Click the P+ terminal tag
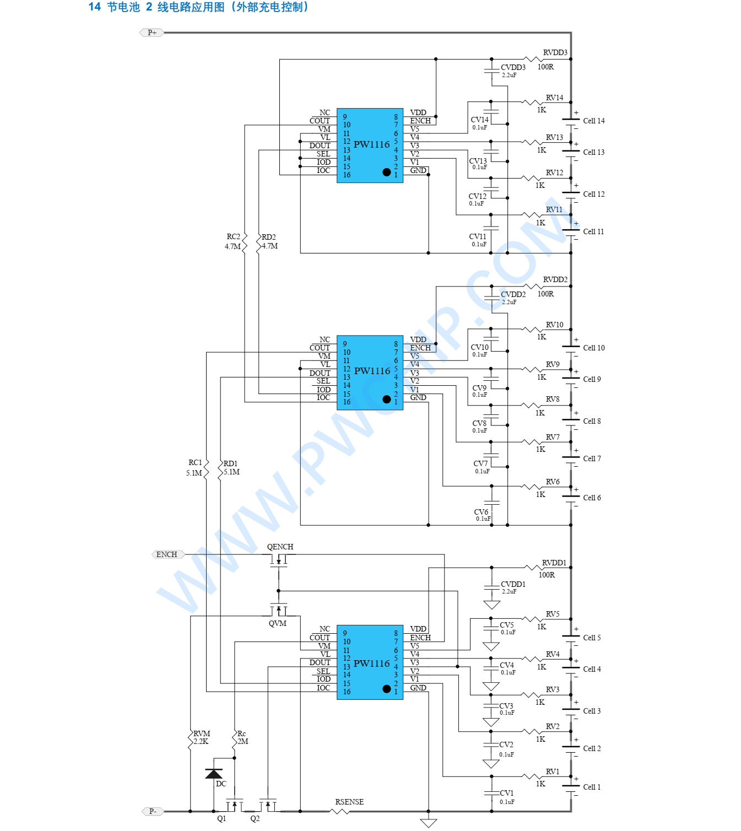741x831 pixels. (x=152, y=33)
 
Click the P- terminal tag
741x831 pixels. (x=153, y=811)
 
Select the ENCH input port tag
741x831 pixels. (x=167, y=554)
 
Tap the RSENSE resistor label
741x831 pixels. (x=349, y=802)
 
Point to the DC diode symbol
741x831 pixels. (x=214, y=774)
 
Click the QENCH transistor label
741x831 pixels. (x=280, y=547)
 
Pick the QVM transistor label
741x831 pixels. (x=278, y=623)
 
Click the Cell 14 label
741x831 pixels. (x=593, y=121)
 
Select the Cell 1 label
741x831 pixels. (x=592, y=787)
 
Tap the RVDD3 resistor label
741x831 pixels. (x=555, y=52)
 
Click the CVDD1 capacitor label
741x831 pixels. (x=513, y=584)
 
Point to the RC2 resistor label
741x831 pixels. (x=233, y=237)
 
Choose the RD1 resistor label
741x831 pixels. (x=230, y=463)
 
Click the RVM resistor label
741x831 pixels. (x=202, y=733)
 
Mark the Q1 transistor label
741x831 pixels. (x=221, y=818)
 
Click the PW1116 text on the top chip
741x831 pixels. (x=371, y=144)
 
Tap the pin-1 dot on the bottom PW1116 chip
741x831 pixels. (x=386, y=689)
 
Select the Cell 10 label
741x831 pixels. (x=593, y=348)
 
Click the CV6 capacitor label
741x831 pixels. (x=481, y=512)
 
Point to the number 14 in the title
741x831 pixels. (x=95, y=7)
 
